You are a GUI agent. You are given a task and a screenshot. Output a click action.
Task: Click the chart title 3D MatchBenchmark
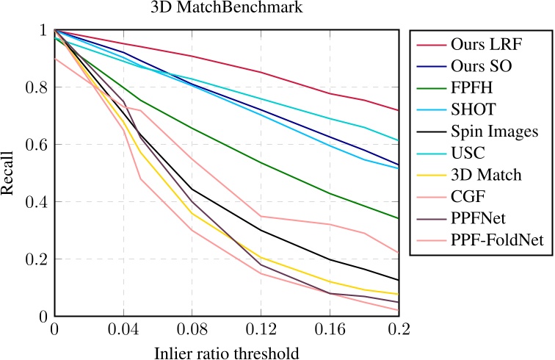coord(227,10)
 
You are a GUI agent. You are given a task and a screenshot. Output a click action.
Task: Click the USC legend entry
coord(469,154)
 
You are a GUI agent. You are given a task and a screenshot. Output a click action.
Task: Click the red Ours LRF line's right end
coord(399,110)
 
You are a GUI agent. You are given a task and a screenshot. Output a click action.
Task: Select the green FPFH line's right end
coord(399,218)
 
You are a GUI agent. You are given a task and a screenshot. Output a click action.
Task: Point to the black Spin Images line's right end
coord(399,280)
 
